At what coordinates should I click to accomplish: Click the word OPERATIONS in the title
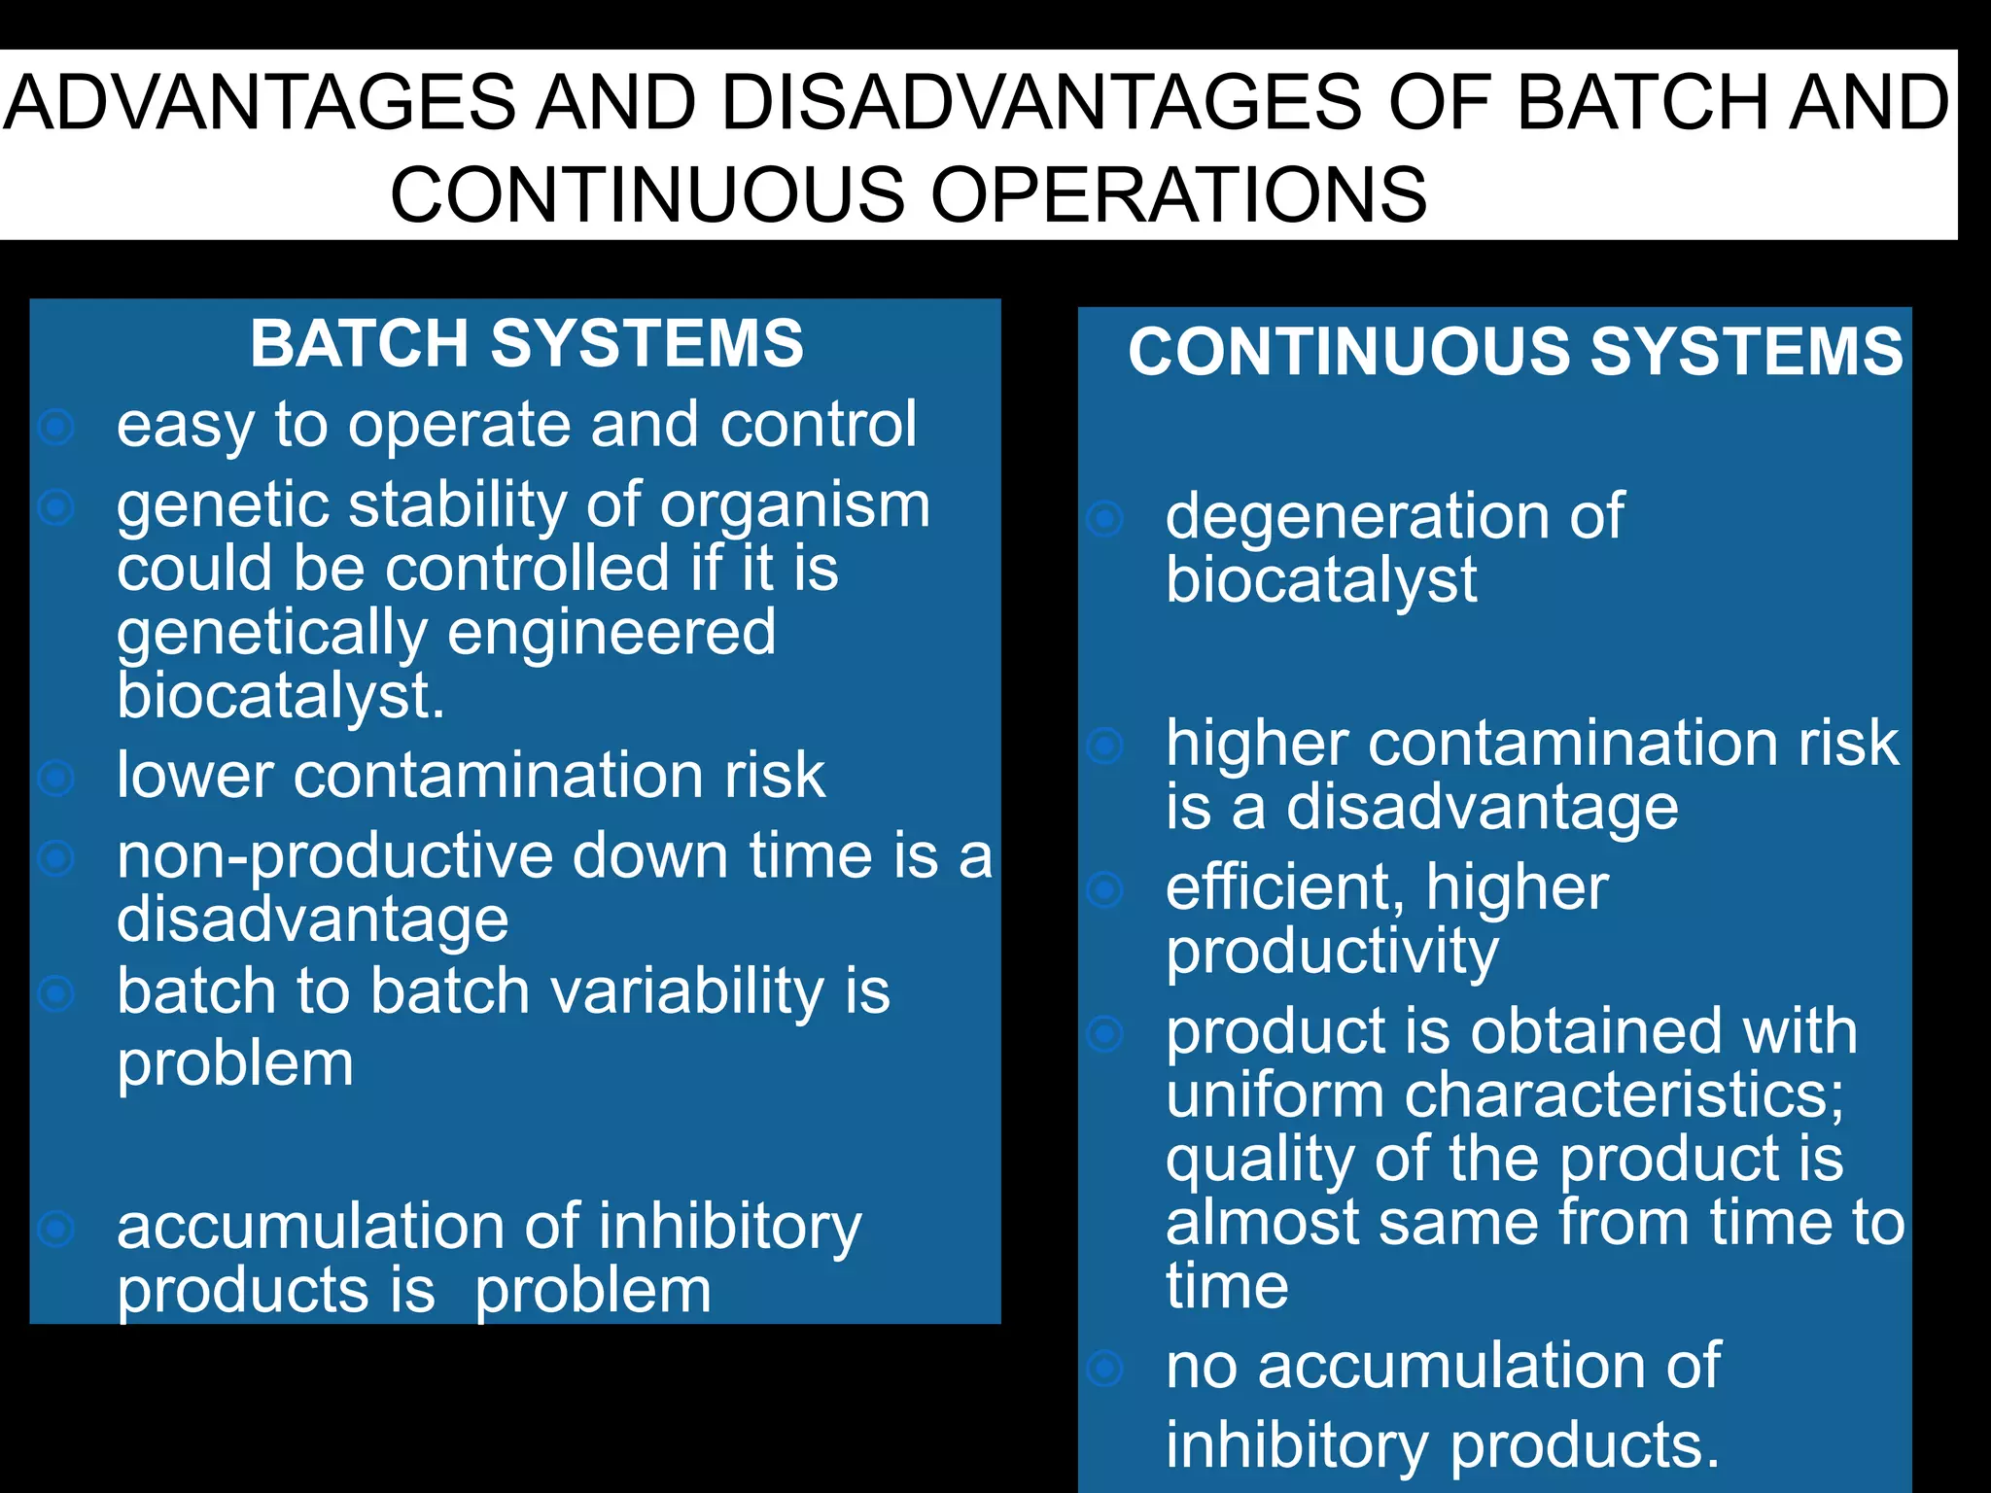(x=1178, y=194)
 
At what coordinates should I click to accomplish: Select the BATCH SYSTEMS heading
(x=527, y=344)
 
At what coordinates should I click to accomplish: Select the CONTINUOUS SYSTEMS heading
(x=1515, y=351)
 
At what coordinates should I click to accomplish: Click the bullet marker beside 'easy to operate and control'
(x=57, y=426)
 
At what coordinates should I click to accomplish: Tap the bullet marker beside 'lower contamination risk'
(x=57, y=777)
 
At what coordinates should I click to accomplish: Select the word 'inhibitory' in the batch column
(x=729, y=1227)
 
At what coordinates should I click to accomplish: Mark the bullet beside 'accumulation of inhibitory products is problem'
(x=57, y=1229)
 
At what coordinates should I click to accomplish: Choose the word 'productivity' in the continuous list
(x=1332, y=952)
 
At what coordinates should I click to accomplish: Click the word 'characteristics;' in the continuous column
(x=1624, y=1095)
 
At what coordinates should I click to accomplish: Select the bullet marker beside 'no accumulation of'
(x=1105, y=1368)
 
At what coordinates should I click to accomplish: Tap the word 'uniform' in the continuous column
(x=1275, y=1095)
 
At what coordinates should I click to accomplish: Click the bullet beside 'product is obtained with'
(x=1105, y=1033)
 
